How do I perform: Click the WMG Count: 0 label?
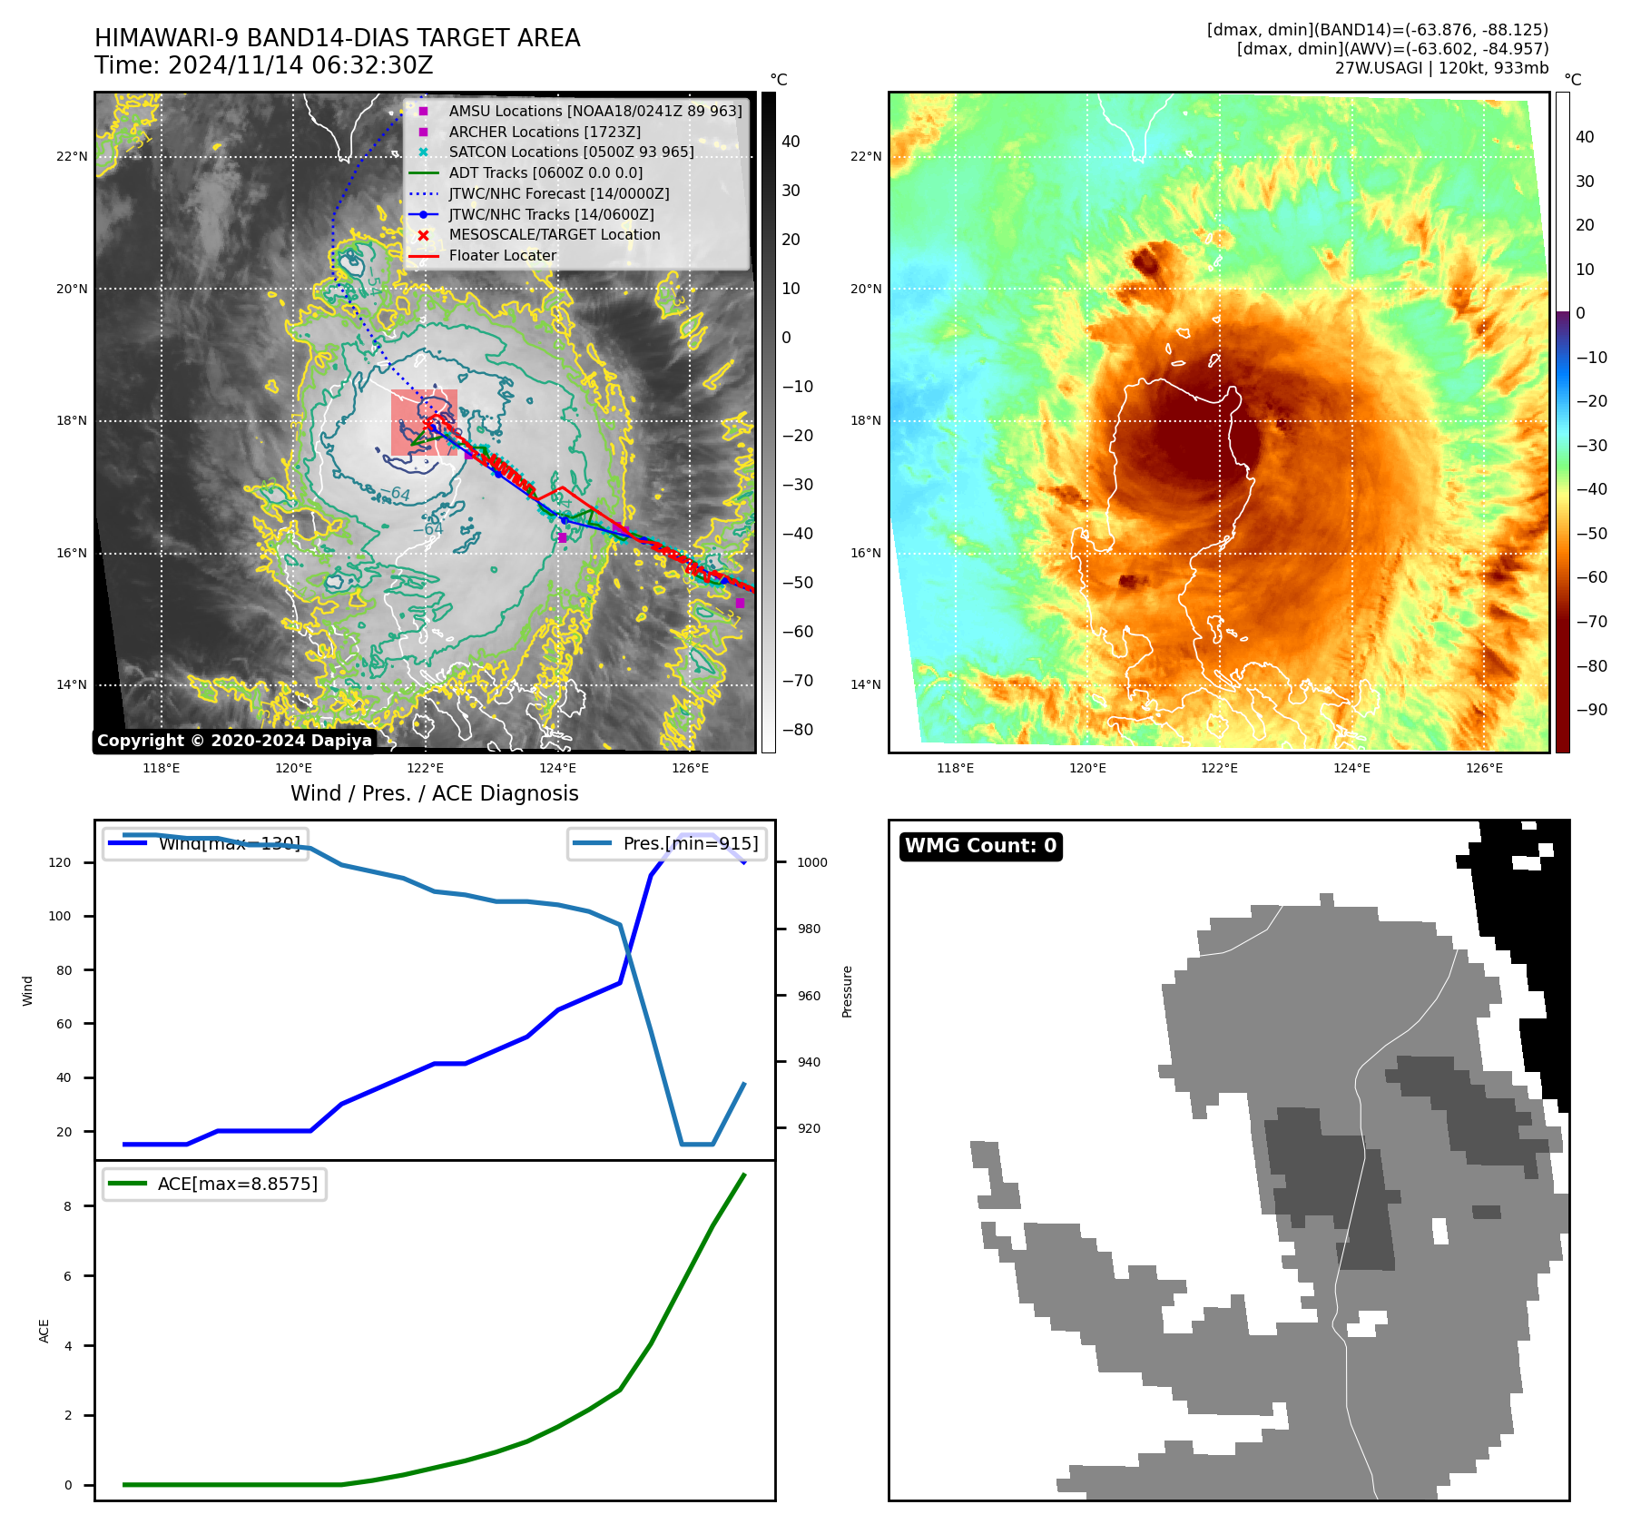pyautogui.click(x=980, y=846)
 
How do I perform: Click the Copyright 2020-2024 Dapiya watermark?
pyautogui.click(x=234, y=741)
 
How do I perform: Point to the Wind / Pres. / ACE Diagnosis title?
pyautogui.click(x=434, y=793)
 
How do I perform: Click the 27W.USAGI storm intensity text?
pyautogui.click(x=1441, y=68)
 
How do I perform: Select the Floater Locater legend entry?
pyautogui.click(x=503, y=256)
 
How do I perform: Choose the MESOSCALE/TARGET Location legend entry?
pyautogui.click(x=554, y=235)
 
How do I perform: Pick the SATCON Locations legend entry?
pyautogui.click(x=571, y=152)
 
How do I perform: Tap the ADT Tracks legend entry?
pyautogui.click(x=545, y=173)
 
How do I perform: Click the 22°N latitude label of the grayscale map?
pyautogui.click(x=73, y=157)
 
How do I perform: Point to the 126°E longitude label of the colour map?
pyautogui.click(x=1484, y=769)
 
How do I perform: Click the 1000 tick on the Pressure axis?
pyautogui.click(x=812, y=863)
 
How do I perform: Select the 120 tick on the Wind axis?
pyautogui.click(x=60, y=863)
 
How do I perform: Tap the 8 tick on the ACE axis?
pyautogui.click(x=68, y=1206)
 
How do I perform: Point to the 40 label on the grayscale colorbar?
pyautogui.click(x=791, y=142)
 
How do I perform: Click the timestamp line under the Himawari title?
pyautogui.click(x=263, y=66)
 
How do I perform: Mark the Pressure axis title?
pyautogui.click(x=848, y=991)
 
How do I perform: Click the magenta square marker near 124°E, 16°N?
pyautogui.click(x=563, y=538)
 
